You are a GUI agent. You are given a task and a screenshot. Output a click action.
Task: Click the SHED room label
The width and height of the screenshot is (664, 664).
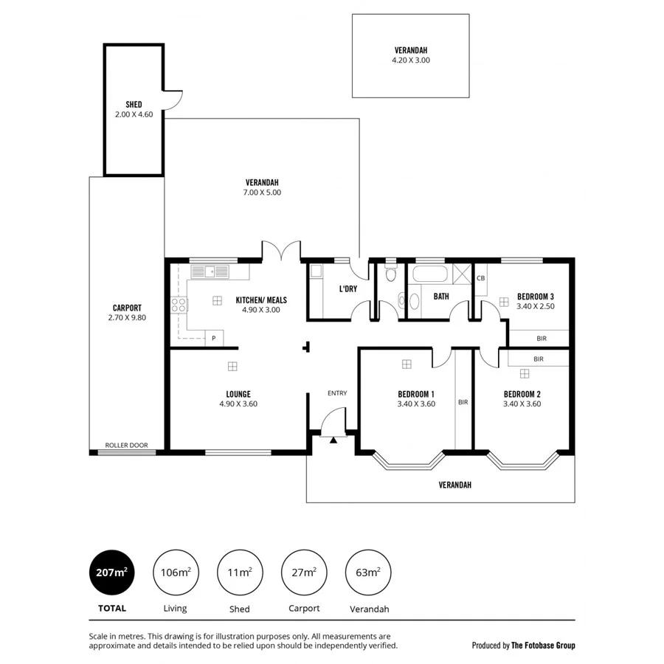click(x=134, y=105)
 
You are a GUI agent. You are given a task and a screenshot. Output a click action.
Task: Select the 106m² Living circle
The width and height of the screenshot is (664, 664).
click(x=176, y=572)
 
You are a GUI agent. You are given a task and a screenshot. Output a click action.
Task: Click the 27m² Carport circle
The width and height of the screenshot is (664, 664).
click(x=305, y=572)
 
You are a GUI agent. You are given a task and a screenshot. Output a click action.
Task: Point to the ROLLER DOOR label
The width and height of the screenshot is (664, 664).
click(x=126, y=446)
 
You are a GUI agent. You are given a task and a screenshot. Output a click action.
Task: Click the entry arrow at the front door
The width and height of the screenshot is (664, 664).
click(x=333, y=440)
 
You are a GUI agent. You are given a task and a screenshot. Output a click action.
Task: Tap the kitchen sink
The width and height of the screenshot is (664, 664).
click(x=210, y=272)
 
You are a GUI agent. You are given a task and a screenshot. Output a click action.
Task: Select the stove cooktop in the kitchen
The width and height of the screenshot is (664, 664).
click(x=178, y=305)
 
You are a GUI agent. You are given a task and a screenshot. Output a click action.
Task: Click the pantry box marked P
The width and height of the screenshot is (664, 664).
click(x=214, y=338)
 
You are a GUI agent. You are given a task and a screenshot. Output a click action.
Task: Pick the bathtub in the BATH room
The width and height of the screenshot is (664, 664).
click(x=429, y=274)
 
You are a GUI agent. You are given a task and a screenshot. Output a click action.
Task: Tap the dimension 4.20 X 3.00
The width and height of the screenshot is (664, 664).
click(x=410, y=60)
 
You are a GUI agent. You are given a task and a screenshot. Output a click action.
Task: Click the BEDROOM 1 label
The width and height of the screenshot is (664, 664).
click(x=416, y=394)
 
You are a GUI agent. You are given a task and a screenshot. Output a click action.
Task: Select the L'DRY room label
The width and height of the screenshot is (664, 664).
click(x=348, y=288)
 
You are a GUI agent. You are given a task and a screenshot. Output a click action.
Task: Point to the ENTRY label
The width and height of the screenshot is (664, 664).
click(x=337, y=393)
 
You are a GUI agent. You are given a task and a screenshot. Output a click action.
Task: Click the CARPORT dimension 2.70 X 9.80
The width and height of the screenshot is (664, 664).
click(x=127, y=318)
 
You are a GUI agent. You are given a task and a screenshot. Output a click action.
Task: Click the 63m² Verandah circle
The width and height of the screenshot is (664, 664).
click(x=368, y=572)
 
